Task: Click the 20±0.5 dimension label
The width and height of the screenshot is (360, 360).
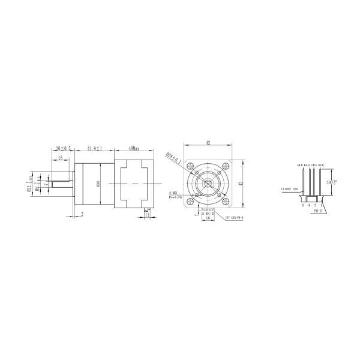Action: (x=63, y=148)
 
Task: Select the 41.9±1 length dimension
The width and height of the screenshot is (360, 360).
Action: (x=95, y=148)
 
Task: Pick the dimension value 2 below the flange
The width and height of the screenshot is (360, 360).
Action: (x=82, y=214)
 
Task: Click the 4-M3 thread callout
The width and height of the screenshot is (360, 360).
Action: (x=173, y=193)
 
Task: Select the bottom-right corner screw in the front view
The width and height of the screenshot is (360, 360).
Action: (x=219, y=195)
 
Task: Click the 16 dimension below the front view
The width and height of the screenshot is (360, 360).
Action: (x=208, y=219)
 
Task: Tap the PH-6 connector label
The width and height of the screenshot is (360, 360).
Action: (x=313, y=211)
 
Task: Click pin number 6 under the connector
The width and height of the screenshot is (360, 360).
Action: (x=303, y=205)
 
